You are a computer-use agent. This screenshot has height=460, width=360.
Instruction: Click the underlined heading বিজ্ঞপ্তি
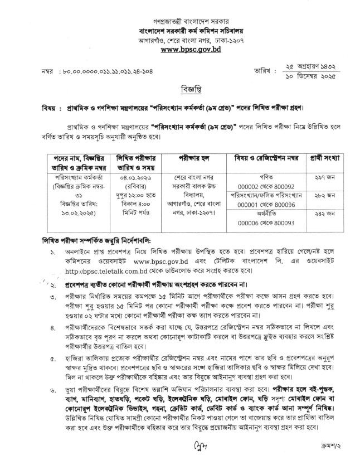tap(181, 90)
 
